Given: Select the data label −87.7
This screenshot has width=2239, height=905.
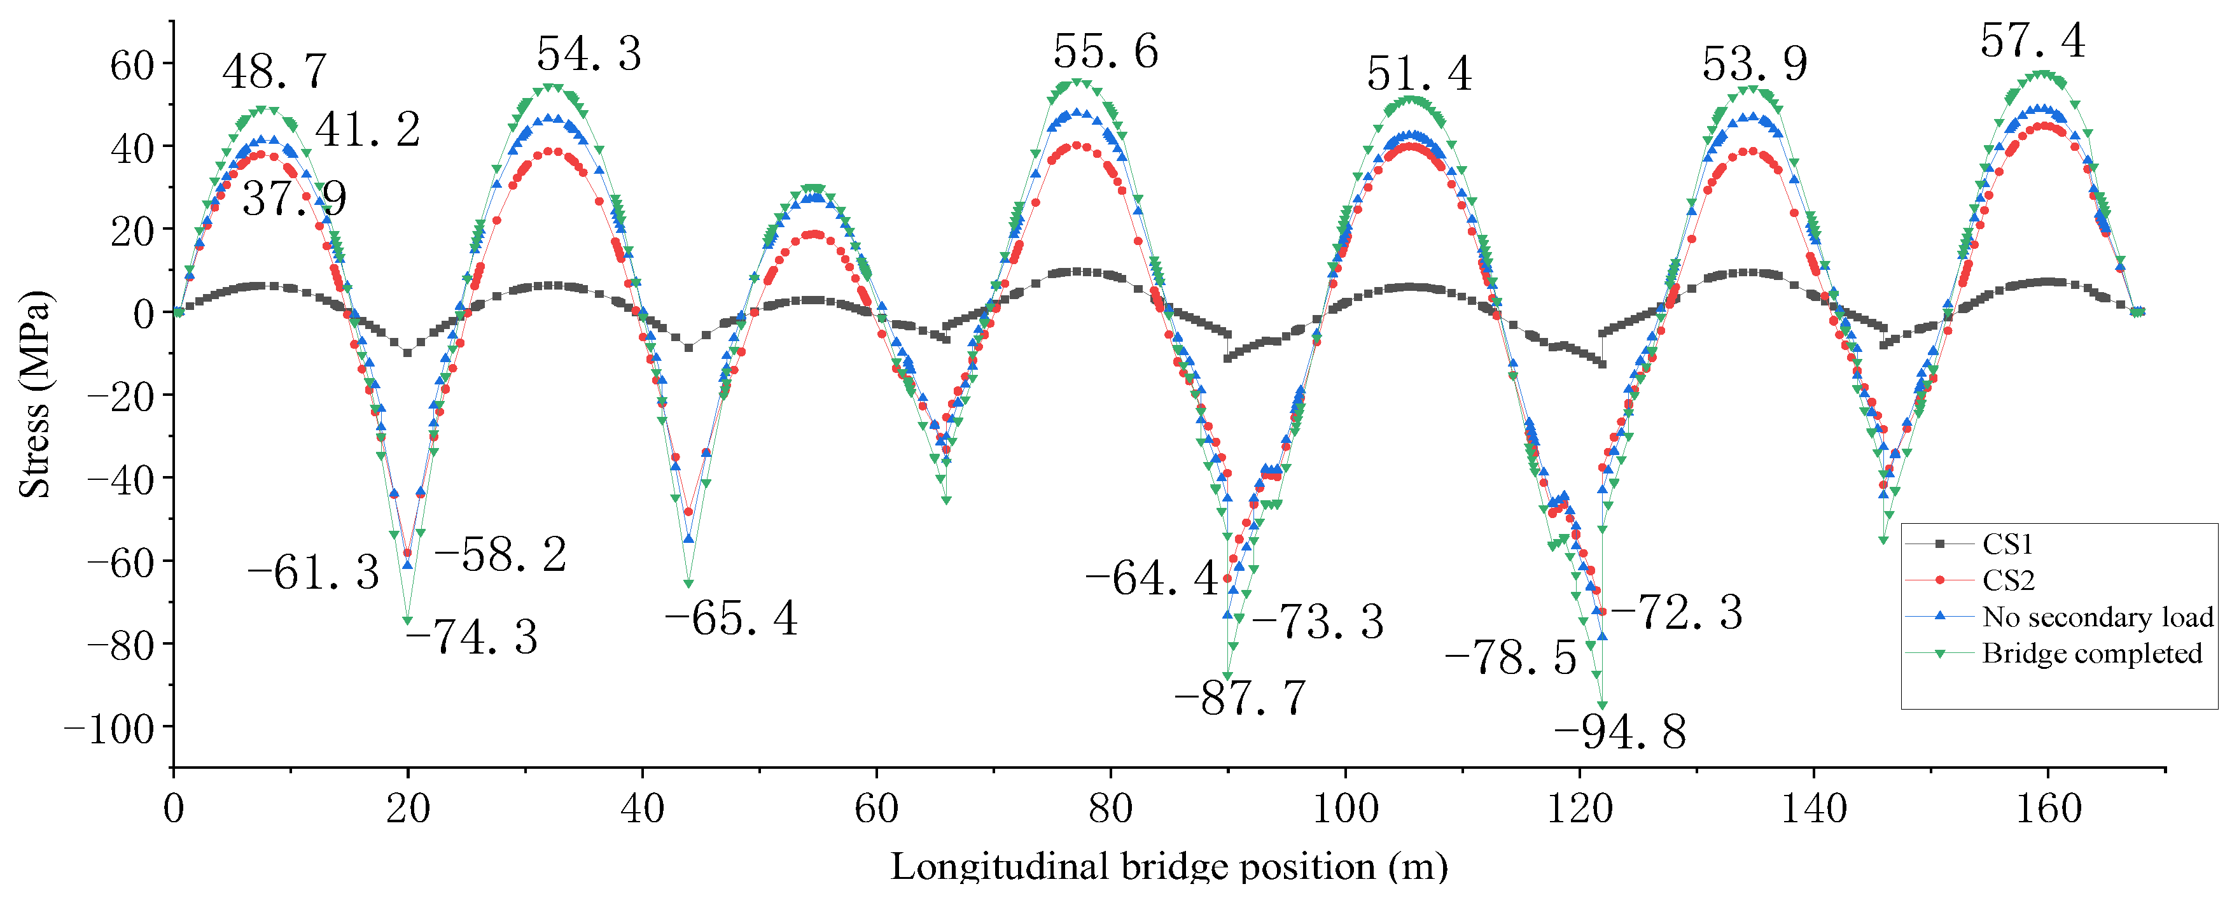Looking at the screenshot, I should (x=1240, y=698).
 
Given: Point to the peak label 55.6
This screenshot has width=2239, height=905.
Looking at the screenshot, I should (x=1106, y=52).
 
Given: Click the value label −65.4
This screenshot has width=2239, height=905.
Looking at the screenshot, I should (x=731, y=619).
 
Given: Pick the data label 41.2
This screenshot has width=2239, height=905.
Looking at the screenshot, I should (x=368, y=130).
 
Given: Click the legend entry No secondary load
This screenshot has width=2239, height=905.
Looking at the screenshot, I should (x=2096, y=617).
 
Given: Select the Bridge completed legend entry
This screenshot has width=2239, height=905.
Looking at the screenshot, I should (x=2091, y=654).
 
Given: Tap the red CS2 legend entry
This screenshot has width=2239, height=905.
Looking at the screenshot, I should (x=2008, y=580).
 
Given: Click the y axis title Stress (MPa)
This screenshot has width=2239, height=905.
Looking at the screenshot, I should (x=35, y=394).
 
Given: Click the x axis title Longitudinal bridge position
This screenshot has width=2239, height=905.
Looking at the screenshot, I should (x=1168, y=867).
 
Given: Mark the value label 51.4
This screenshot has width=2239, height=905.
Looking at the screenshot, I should (x=1419, y=74).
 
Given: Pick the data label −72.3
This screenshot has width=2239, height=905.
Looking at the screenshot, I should (x=1677, y=613).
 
